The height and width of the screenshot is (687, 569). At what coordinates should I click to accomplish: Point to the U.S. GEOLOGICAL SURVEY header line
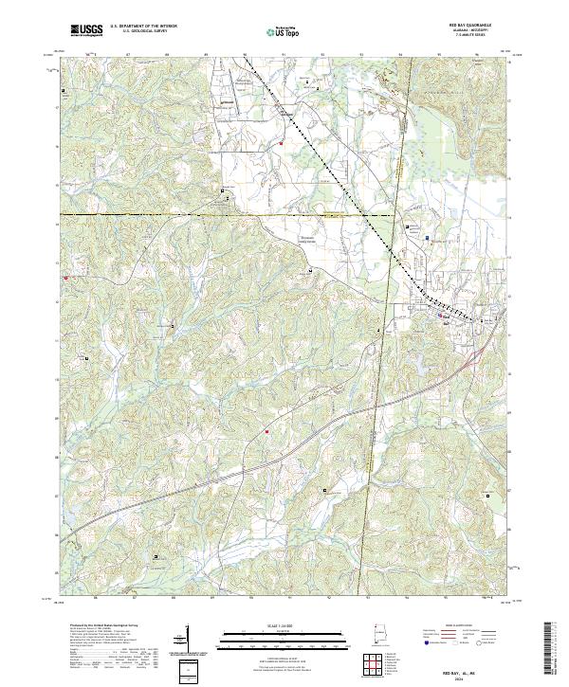coord(139,32)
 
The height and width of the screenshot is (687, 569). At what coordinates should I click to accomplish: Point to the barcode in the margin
coord(551,650)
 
